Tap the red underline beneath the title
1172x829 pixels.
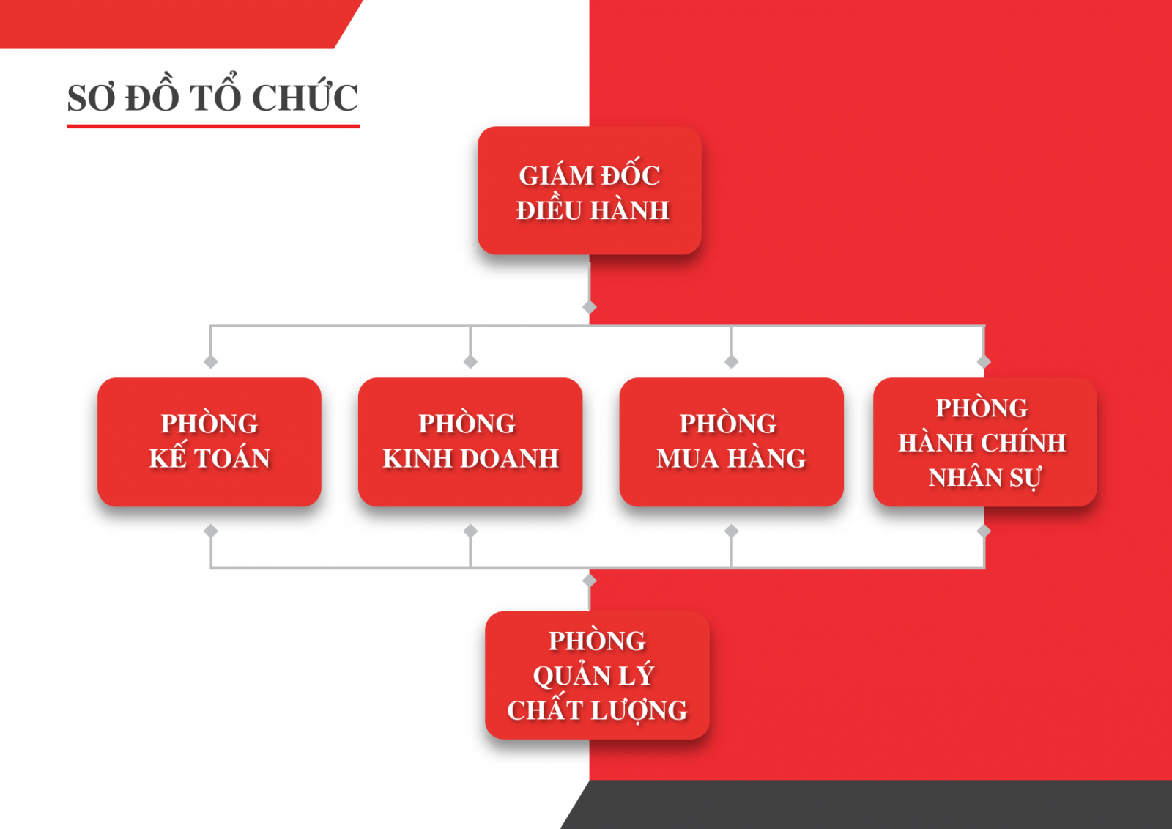coord(213,126)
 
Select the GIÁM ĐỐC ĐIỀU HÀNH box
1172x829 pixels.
coord(590,191)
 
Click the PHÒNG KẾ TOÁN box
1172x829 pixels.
coord(209,442)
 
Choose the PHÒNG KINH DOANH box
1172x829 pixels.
coord(470,442)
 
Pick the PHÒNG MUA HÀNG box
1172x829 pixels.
coord(732,442)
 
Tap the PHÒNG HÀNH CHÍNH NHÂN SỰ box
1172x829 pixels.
coord(985,442)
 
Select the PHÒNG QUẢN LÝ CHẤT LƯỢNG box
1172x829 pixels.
coord(597,675)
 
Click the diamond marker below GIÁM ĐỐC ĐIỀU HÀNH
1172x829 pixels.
coord(590,307)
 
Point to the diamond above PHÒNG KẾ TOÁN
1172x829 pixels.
coord(211,362)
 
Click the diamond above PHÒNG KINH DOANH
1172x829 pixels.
coord(470,362)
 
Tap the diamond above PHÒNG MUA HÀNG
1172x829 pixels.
coord(732,362)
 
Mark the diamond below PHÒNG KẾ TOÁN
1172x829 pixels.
coord(211,531)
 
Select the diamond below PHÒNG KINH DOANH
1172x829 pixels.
coord(470,531)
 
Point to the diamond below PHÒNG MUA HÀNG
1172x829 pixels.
coord(732,531)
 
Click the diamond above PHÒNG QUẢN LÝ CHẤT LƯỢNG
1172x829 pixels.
coord(590,581)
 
